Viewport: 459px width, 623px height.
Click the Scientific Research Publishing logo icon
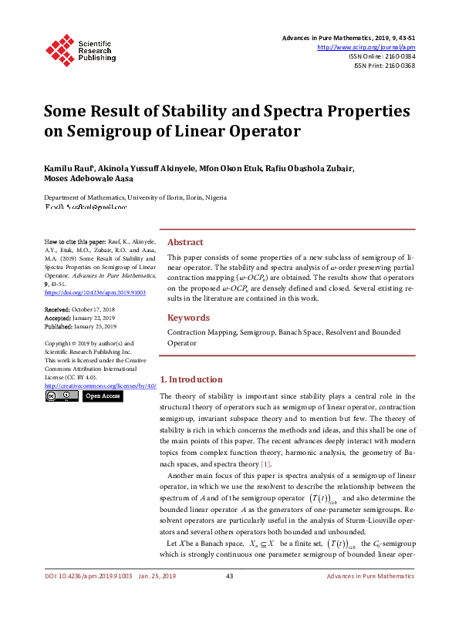(x=59, y=49)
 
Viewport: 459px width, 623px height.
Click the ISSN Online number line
(x=382, y=56)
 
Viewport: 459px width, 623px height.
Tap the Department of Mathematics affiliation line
(x=135, y=197)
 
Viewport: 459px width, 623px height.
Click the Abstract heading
(x=185, y=242)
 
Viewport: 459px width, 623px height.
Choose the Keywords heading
(x=188, y=318)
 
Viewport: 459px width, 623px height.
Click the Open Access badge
(x=102, y=396)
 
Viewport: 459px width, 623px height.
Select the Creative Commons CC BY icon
(x=62, y=396)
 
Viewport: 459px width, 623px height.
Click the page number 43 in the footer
(x=229, y=598)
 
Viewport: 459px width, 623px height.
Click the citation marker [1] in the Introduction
(x=265, y=463)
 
